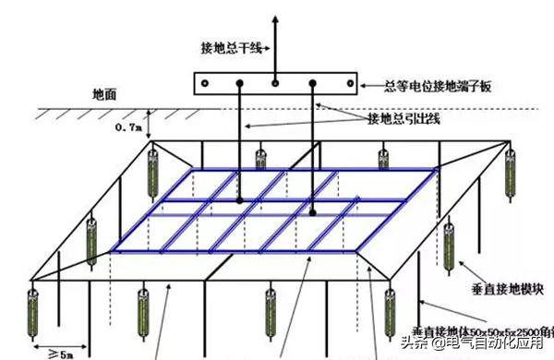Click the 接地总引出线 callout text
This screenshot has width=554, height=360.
point(403,119)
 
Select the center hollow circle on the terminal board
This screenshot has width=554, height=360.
point(275,83)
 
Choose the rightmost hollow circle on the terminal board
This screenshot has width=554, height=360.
point(349,84)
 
